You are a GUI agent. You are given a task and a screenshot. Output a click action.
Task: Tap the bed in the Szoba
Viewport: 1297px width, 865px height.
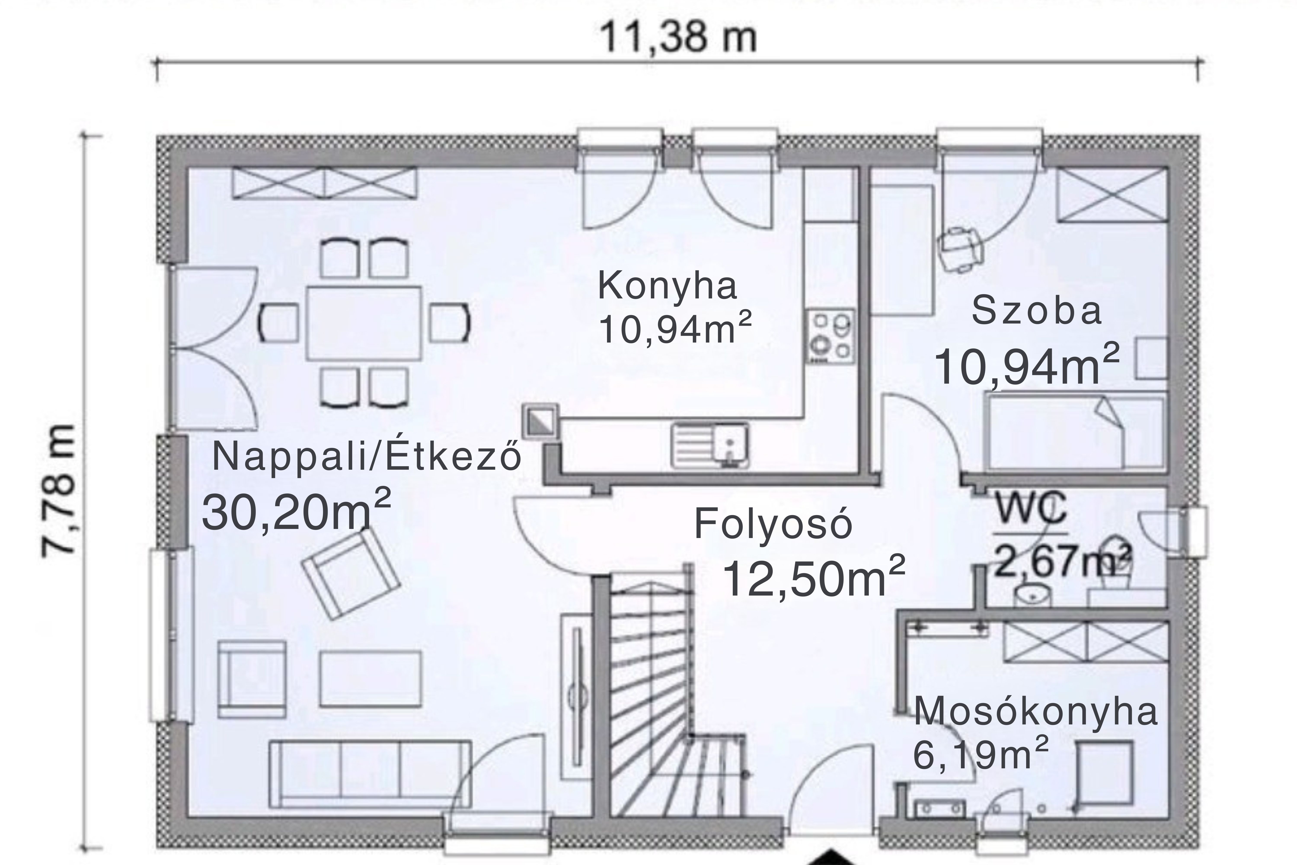point(1075,433)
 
